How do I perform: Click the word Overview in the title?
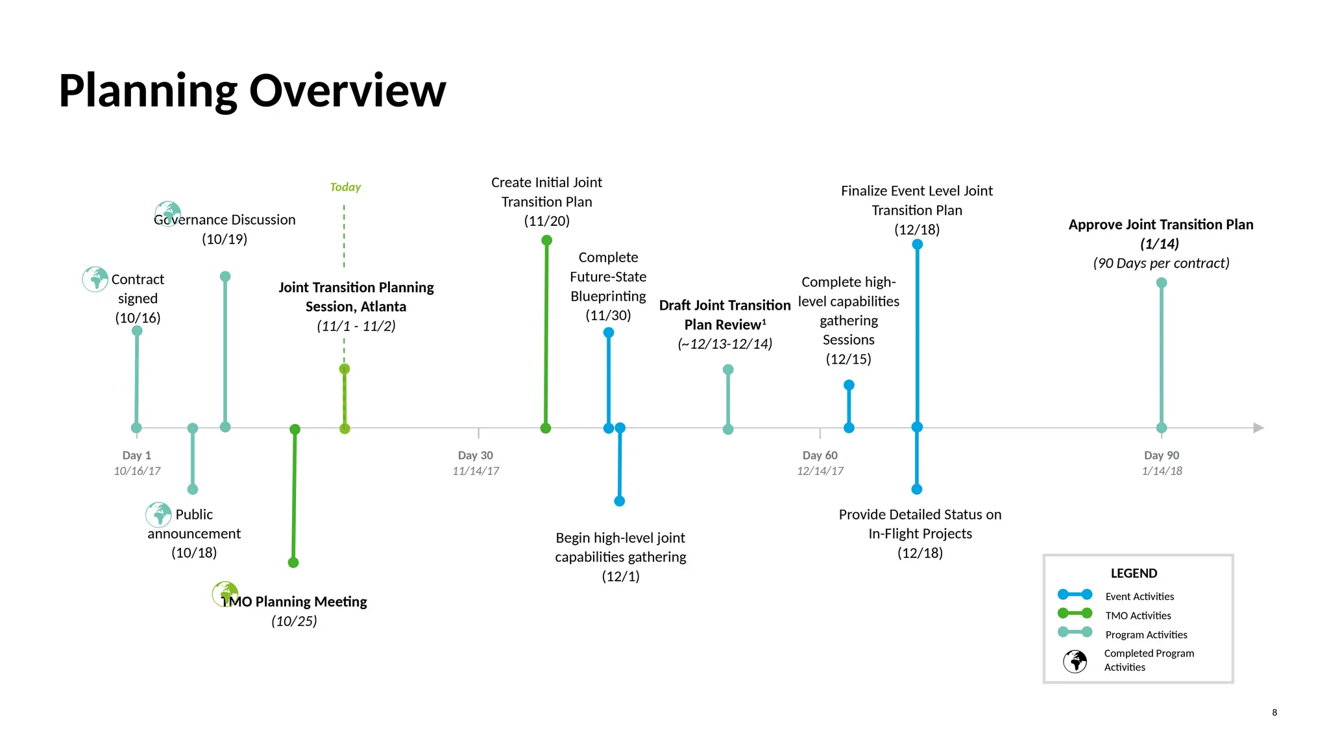point(347,90)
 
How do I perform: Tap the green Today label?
point(345,187)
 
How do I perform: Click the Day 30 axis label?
point(476,455)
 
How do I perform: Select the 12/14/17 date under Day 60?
point(820,471)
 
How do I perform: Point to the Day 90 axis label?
point(1162,455)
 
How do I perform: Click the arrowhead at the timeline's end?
point(1258,428)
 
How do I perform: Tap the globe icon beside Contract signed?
point(95,279)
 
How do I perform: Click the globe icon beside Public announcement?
point(158,515)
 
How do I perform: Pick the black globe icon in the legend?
point(1075,661)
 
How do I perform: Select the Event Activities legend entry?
point(1140,596)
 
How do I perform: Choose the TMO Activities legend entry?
point(1138,616)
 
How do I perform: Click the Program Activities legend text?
point(1146,634)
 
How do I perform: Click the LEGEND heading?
point(1134,573)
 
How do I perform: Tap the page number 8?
point(1274,712)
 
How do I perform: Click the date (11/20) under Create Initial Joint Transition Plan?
point(547,221)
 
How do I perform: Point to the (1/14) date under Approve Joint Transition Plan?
point(1160,243)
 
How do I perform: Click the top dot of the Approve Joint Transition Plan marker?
point(1162,282)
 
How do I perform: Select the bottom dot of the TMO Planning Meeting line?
point(293,562)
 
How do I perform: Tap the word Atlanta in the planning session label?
point(383,306)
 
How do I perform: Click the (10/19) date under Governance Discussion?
point(225,239)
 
